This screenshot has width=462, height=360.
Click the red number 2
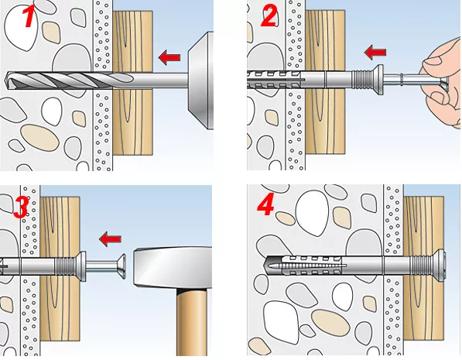tap(269, 17)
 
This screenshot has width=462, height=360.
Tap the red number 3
tap(21, 207)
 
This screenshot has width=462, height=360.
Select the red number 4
tap(266, 204)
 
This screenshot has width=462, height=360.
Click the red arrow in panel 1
tap(169, 57)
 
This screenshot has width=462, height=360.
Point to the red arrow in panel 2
tap(375, 52)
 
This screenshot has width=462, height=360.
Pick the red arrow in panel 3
tap(110, 238)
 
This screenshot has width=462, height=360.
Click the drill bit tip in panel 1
tap(6, 80)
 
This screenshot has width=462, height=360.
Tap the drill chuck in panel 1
tap(200, 81)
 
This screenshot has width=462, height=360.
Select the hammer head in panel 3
tap(173, 268)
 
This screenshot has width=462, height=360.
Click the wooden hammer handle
tap(191, 322)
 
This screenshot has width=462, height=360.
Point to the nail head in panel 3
tap(121, 266)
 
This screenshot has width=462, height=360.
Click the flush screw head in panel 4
tap(442, 265)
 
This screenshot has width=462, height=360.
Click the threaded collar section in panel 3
tap(67, 266)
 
